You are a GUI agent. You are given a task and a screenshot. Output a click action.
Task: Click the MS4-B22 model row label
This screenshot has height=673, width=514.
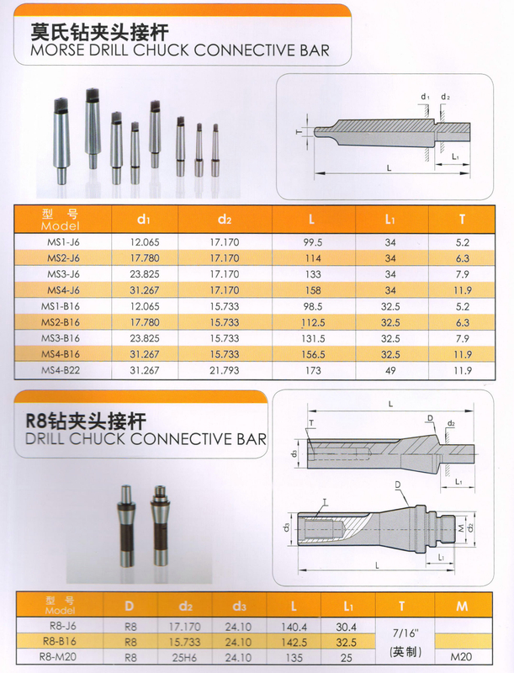(x=61, y=370)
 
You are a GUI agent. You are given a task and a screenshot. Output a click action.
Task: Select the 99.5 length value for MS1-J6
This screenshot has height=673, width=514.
(x=313, y=242)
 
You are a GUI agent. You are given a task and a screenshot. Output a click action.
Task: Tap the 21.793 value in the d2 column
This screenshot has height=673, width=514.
(x=225, y=370)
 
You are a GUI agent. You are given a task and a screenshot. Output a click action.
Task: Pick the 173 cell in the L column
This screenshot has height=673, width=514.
(x=313, y=370)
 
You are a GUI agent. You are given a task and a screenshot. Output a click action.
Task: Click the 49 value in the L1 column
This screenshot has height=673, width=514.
(x=390, y=370)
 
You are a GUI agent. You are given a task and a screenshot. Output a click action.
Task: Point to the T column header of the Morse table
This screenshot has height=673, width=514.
(x=462, y=220)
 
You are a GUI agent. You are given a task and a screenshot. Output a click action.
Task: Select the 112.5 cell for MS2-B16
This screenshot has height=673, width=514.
(x=313, y=322)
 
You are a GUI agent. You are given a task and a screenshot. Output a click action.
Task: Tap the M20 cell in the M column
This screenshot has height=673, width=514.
(x=461, y=657)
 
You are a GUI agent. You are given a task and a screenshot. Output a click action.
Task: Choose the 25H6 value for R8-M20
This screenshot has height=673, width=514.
(x=184, y=657)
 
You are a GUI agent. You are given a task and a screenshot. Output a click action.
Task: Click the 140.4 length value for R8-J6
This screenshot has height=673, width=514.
(x=294, y=627)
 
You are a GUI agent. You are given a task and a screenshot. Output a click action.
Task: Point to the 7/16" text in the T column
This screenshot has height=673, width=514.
(x=405, y=633)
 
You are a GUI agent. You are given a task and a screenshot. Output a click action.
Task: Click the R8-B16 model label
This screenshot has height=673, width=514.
(x=60, y=641)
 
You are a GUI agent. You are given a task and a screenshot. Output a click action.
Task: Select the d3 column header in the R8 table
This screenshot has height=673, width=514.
(x=239, y=606)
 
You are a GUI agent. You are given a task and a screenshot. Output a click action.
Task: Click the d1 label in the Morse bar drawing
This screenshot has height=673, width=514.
(x=425, y=97)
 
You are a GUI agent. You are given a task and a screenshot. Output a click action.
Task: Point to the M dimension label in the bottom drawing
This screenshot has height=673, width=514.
(x=461, y=528)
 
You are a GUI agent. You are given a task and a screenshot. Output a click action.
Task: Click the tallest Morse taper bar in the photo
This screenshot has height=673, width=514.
(x=93, y=128)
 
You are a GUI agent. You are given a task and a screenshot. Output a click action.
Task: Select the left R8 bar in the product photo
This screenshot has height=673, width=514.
(x=126, y=525)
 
